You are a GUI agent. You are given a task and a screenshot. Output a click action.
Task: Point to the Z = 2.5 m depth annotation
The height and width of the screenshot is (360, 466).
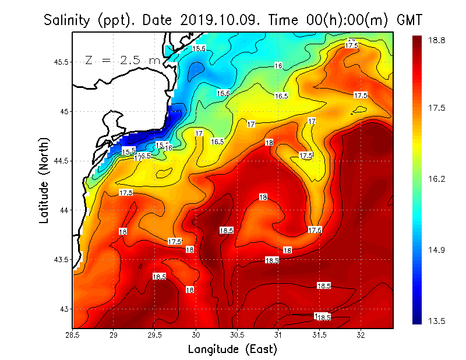tap(122, 60)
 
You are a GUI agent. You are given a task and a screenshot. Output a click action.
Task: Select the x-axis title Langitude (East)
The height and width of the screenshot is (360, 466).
tap(232, 349)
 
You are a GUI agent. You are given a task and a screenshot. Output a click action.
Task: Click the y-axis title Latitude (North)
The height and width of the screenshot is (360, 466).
tap(45, 180)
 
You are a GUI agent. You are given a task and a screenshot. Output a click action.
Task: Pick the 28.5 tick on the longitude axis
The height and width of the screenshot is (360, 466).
tap(72, 335)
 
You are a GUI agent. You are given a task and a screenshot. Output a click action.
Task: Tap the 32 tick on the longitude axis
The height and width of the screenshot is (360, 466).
tap(361, 335)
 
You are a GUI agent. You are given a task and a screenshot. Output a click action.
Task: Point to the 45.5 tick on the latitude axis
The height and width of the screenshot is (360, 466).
tap(60, 62)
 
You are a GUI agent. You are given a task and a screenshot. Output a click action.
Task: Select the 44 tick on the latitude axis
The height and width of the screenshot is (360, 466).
tap(63, 210)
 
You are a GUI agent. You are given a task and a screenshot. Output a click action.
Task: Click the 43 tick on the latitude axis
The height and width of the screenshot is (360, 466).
tap(63, 309)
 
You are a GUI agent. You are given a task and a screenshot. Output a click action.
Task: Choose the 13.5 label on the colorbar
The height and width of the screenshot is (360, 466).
tap(437, 321)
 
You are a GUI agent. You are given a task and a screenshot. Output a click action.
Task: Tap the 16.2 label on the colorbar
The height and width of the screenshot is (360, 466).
tap(437, 179)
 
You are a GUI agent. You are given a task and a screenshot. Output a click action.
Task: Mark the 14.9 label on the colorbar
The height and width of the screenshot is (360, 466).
tap(437, 250)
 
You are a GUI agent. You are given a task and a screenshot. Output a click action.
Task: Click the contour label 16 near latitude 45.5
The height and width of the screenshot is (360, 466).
tap(278, 66)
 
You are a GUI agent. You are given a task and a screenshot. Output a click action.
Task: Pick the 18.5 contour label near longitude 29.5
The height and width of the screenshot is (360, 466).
tap(159, 276)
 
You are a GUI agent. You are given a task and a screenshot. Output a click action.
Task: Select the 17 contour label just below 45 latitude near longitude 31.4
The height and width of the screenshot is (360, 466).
tap(312, 121)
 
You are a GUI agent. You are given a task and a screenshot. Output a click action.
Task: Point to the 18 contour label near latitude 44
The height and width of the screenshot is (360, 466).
tap(263, 197)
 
